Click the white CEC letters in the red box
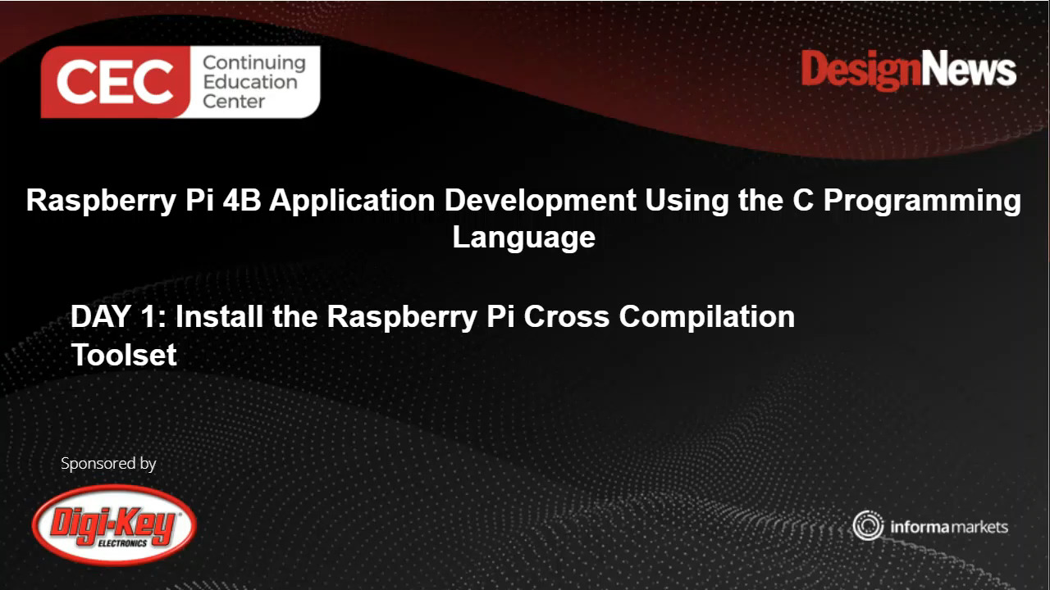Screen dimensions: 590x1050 [115, 82]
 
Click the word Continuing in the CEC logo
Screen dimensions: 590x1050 [253, 62]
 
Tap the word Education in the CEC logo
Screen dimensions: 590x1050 [249, 82]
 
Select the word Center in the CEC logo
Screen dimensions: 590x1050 [234, 102]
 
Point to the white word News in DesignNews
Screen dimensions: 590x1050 [967, 69]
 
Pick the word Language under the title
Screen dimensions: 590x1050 [523, 238]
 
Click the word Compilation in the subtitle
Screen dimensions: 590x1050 [706, 316]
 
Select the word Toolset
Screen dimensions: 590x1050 [123, 355]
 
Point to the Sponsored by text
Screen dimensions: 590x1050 [108, 463]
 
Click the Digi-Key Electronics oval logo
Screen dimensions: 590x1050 [114, 524]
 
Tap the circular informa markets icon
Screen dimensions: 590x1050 [867, 525]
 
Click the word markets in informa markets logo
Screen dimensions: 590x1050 [979, 526]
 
